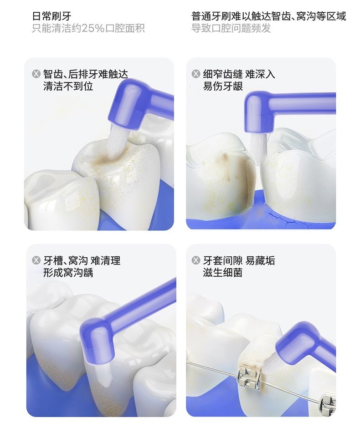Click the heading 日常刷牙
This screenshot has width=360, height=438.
(51, 16)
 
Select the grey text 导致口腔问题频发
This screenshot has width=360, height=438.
(231, 29)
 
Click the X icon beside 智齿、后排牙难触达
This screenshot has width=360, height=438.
(36, 74)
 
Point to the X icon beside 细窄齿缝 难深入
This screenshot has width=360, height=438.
(196, 74)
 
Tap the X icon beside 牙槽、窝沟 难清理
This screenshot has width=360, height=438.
(36, 260)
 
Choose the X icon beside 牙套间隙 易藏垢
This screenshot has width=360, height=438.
(196, 260)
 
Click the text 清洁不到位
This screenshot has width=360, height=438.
(68, 86)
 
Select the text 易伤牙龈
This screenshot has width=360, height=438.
(223, 86)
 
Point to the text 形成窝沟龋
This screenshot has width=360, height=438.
(68, 272)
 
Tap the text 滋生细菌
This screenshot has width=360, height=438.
(223, 272)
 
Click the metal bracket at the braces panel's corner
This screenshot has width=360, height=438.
(328, 404)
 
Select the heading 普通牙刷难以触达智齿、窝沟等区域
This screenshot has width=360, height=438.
(269, 16)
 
